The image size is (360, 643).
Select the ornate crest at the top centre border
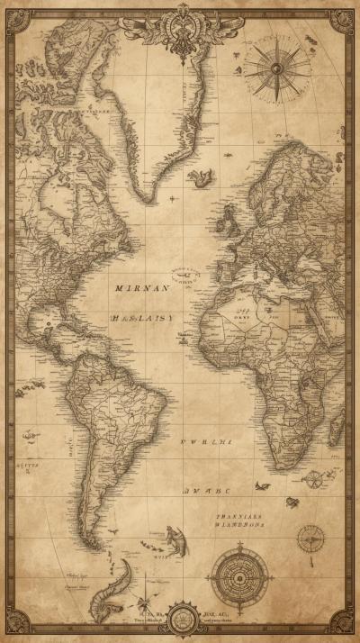click(184, 27)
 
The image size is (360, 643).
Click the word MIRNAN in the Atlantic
click(141, 288)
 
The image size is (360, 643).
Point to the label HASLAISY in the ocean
click(141, 318)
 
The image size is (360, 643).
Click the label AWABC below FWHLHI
click(206, 491)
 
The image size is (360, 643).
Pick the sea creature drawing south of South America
click(175, 540)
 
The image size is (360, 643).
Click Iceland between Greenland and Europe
click(200, 177)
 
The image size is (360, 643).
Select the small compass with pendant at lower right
click(311, 540)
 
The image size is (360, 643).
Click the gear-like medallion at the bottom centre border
click(183, 620)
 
